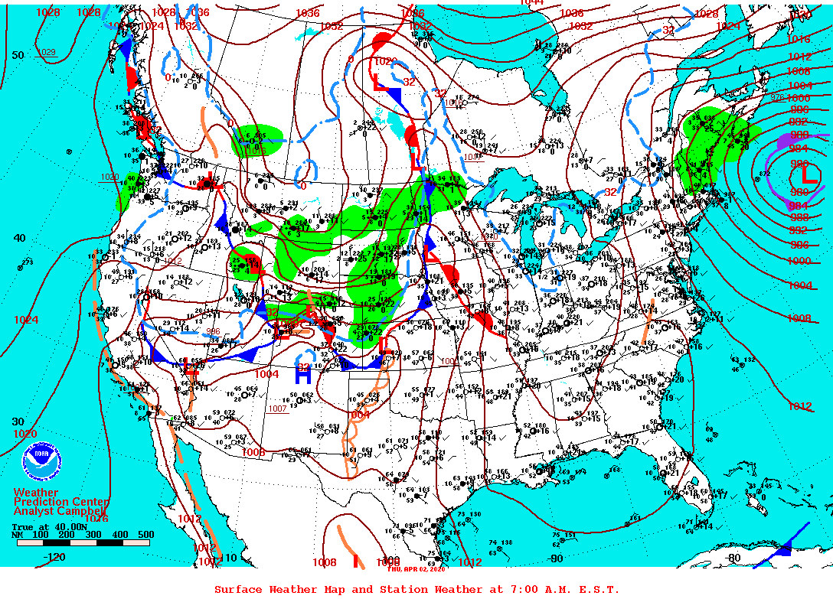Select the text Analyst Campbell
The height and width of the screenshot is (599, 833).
(x=61, y=510)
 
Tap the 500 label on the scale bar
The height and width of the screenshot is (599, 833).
(x=145, y=535)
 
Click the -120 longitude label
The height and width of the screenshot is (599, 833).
(x=55, y=557)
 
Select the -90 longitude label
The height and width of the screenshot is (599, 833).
(x=555, y=558)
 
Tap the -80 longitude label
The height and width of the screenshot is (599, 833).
(x=733, y=558)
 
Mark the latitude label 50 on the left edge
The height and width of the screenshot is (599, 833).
(x=18, y=55)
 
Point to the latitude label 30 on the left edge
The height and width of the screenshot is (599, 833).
(x=18, y=422)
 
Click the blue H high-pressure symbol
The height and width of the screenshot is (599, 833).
(x=303, y=375)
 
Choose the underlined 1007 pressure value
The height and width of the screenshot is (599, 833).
(x=277, y=408)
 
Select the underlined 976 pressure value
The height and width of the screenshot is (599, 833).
(x=778, y=97)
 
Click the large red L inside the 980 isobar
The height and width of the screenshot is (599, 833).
(x=809, y=176)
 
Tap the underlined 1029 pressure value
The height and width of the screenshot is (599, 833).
(x=47, y=52)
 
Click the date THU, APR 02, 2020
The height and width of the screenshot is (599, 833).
(x=416, y=568)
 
